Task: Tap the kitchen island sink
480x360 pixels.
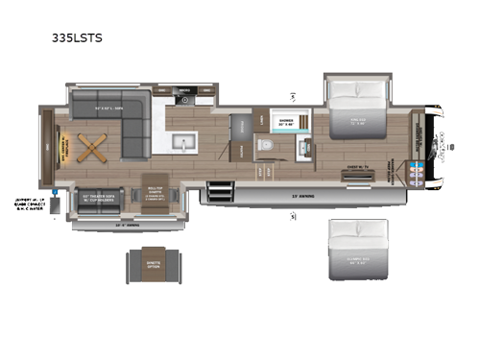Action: pyautogui.click(x=181, y=145)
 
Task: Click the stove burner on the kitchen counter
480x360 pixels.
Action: pyautogui.click(x=184, y=97)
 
